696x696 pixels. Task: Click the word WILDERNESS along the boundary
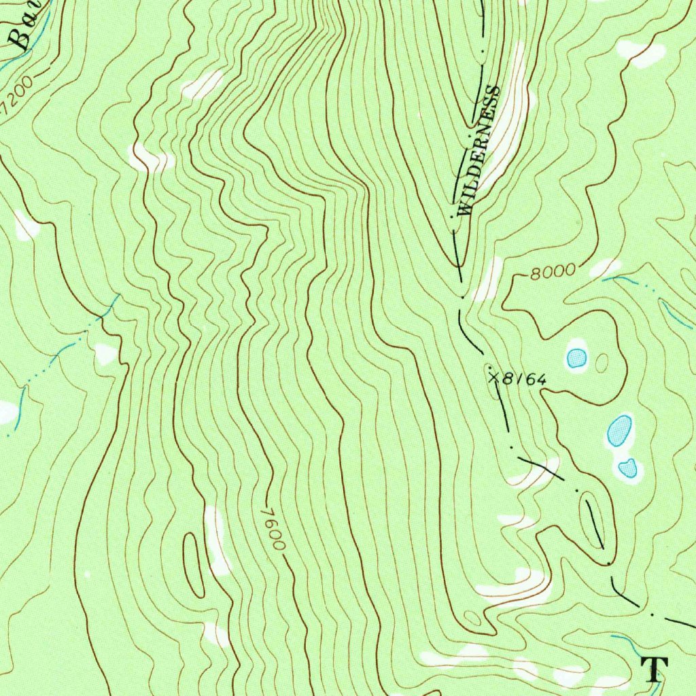pos(479,152)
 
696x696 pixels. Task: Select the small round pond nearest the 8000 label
pos(576,358)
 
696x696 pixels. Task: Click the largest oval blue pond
pos(619,430)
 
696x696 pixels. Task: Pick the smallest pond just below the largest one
pos(628,468)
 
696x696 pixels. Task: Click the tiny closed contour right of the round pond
pos(602,363)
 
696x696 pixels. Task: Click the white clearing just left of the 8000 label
pos(488,279)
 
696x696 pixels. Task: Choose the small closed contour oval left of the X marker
pos(489,370)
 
